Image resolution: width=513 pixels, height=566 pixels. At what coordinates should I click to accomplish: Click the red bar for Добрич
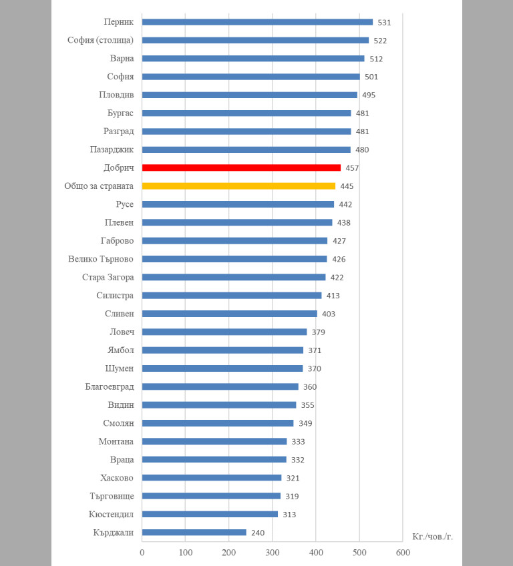pos(241,168)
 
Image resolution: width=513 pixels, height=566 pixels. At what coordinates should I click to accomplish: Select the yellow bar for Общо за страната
pos(238,186)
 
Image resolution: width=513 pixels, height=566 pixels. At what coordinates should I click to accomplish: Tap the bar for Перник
pos(257,22)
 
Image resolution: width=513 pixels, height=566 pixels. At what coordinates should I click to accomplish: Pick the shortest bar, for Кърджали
pos(194,533)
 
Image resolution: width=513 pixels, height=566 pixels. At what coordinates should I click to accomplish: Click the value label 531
pos(384,23)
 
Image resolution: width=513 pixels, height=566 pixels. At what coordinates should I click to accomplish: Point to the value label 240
pos(258,533)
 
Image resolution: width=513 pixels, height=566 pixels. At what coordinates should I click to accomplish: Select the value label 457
pos(352,168)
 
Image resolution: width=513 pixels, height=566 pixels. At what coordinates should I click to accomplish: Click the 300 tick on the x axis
pos(273,553)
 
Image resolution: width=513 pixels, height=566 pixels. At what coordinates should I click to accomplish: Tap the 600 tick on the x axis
pos(403,553)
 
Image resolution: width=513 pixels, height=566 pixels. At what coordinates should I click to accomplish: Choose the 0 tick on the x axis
pos(142,553)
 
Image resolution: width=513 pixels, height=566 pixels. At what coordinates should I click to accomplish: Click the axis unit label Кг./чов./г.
pos(432,537)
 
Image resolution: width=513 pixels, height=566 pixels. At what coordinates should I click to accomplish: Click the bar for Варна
pos(253,59)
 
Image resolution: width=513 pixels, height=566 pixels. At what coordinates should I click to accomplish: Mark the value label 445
pos(347,186)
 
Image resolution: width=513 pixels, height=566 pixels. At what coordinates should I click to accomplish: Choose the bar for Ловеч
pos(224,332)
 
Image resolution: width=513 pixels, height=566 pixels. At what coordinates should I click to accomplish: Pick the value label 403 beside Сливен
pos(329,314)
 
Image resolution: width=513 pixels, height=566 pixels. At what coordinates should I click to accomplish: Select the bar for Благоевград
pos(220,386)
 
